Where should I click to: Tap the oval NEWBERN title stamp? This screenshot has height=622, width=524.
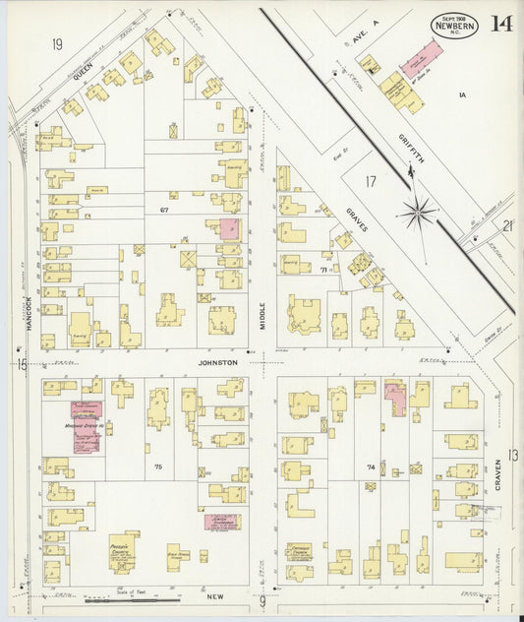click(455, 26)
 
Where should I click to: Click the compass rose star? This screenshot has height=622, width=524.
click(419, 209)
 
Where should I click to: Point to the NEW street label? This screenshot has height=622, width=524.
click(216, 596)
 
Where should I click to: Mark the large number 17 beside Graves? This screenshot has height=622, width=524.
click(370, 181)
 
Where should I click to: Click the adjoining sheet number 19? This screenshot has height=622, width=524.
click(57, 43)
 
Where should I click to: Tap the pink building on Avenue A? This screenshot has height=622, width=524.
click(421, 60)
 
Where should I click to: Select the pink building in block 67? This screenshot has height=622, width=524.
click(228, 229)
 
